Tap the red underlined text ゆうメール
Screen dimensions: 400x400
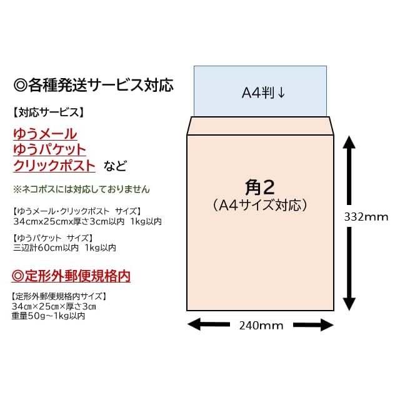tap(45, 133)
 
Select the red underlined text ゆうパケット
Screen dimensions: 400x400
tap(49, 149)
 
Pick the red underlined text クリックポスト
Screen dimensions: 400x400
tap(54, 166)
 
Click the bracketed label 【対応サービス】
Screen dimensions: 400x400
tap(47, 112)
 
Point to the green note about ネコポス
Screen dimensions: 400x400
tap(81, 189)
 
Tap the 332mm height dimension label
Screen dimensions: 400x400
tap(366, 217)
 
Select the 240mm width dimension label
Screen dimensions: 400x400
tap(261, 325)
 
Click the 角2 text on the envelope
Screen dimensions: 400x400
tap(260, 187)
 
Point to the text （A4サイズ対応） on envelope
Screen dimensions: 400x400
tap(260, 204)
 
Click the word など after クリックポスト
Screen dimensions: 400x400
tap(115, 166)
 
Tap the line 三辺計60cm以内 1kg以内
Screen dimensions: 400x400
tap(64, 247)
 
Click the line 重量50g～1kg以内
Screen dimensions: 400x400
tap(48, 316)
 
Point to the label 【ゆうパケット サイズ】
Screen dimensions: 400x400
tap(52, 237)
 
